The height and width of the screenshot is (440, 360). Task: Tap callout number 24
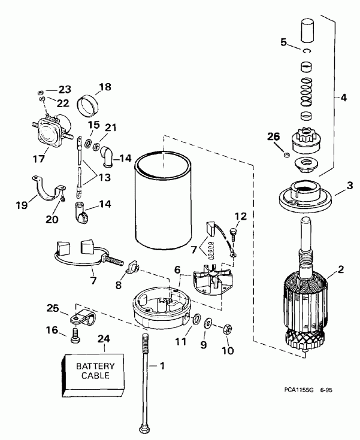tap(104, 338)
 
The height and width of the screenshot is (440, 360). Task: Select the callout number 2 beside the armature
tap(340, 269)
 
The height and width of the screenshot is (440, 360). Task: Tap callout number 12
tap(241, 216)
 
